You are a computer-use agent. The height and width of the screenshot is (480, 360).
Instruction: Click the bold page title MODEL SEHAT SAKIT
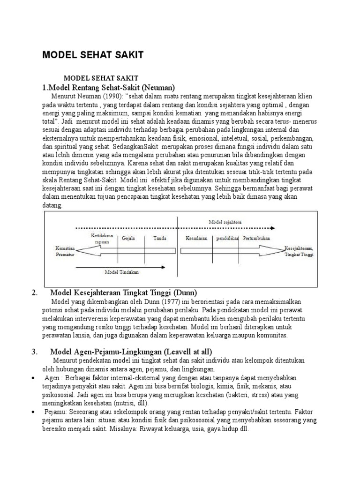[93, 55]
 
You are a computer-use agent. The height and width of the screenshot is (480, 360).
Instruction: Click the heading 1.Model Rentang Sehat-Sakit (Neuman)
[108, 87]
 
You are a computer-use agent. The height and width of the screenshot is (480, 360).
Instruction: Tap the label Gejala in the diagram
[128, 238]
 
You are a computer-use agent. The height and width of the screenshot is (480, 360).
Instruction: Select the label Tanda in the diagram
[160, 238]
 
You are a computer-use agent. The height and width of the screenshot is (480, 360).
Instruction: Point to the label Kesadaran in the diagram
[196, 238]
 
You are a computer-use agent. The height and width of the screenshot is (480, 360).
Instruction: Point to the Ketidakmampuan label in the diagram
[102, 239]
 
